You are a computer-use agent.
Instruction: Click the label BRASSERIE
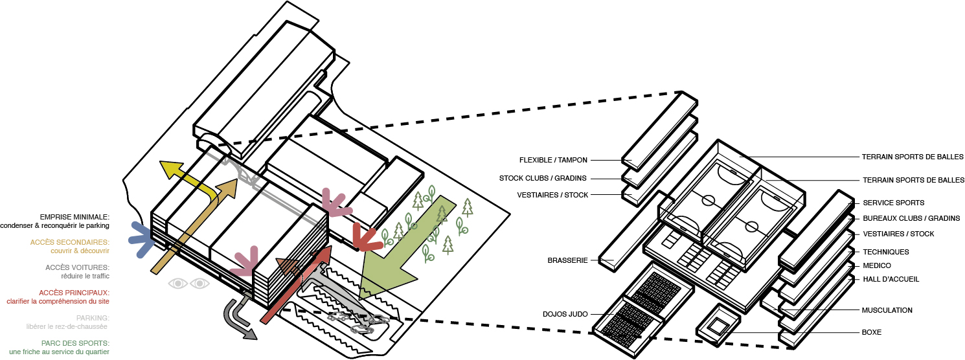coord(567,260)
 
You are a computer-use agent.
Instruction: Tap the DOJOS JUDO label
coord(565,314)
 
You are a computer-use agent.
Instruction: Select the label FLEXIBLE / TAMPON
coord(554,159)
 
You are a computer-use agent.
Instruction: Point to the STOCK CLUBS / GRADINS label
coord(543,178)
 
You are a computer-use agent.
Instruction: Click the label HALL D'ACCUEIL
coord(891,279)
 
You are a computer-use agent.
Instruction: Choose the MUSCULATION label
coord(887,310)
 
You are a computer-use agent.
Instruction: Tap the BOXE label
coord(871,332)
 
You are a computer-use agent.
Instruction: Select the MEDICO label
coord(877,265)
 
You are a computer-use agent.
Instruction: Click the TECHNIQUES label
coord(886,251)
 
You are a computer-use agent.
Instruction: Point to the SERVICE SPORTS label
coord(893,203)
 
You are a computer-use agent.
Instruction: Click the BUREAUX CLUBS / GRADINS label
coord(911,218)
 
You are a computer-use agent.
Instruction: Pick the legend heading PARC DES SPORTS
coord(74,343)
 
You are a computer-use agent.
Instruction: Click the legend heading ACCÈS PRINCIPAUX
coord(74,293)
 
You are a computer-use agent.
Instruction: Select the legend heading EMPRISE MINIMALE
coord(74,217)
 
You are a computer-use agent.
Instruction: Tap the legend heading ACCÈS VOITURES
coord(77,267)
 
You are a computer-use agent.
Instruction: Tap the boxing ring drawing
coord(718,322)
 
